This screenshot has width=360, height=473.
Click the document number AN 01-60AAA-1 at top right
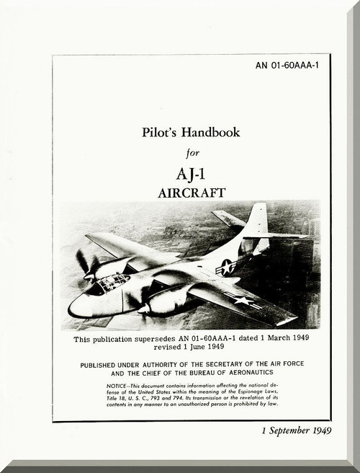pyautogui.click(x=287, y=66)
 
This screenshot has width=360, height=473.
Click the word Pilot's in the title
pyautogui.click(x=162, y=133)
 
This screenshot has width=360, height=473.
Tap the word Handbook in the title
pyautogui.click(x=212, y=133)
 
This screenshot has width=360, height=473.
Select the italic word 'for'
pyautogui.click(x=191, y=152)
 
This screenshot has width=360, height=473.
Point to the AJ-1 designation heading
pyautogui.click(x=191, y=174)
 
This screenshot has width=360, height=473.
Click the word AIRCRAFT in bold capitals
pyautogui.click(x=191, y=193)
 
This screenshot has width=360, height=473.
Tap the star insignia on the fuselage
pyautogui.click(x=226, y=267)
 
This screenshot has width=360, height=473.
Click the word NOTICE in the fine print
pyautogui.click(x=119, y=388)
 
